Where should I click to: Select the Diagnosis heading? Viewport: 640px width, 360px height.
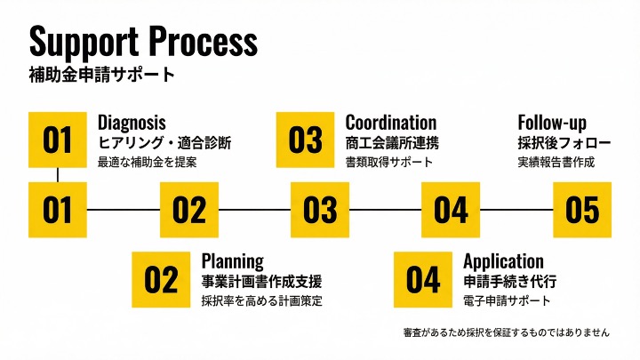point(132,123)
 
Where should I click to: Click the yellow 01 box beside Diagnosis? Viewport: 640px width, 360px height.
point(58,140)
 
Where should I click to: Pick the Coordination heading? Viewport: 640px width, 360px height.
point(391,123)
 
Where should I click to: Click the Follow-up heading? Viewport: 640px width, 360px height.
point(552,123)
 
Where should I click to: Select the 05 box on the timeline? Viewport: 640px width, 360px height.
point(582,210)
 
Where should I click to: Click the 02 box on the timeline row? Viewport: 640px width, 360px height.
point(188,210)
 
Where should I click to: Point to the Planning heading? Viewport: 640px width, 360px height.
point(232,261)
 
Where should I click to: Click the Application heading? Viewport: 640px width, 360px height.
point(503,261)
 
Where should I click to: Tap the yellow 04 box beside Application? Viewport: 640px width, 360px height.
point(423,280)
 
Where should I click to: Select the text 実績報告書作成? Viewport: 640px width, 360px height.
point(556,163)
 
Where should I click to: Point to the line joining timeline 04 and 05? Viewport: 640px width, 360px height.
point(516,210)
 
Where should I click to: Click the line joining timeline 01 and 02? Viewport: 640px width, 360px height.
point(123,210)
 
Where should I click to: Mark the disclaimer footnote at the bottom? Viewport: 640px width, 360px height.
point(506,332)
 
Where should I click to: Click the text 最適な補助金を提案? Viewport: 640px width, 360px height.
point(147,163)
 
